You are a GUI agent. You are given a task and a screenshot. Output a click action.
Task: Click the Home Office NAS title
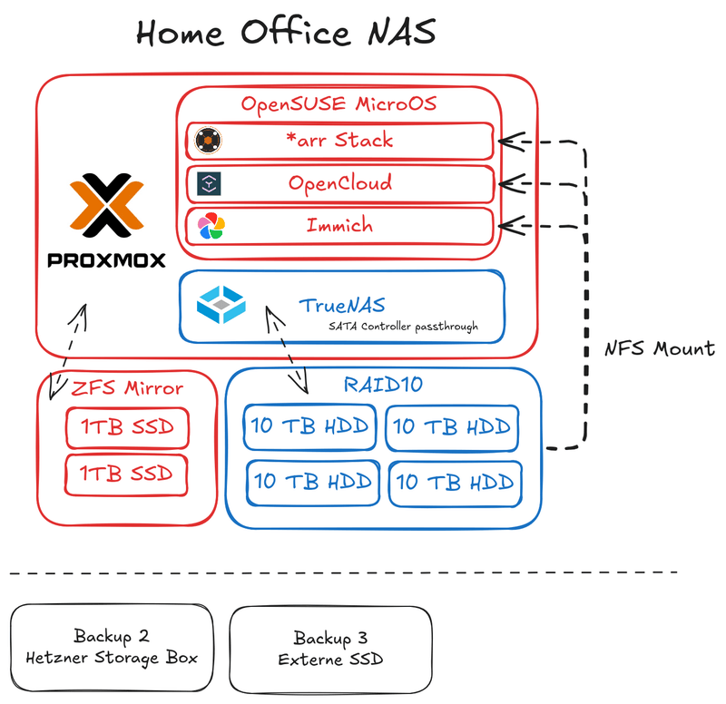[x=286, y=33]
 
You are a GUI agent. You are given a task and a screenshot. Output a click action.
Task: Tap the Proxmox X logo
[x=106, y=205]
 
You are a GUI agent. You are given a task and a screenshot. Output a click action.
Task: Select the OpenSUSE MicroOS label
[x=338, y=103]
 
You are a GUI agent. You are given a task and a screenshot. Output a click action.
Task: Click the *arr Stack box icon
[x=211, y=141]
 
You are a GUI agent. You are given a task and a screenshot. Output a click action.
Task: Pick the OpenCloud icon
[x=211, y=184]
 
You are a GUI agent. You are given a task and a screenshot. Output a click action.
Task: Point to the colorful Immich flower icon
[x=211, y=227]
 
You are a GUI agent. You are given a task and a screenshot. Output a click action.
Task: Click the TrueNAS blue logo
[x=221, y=304]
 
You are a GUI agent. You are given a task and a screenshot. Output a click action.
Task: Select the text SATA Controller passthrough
[x=404, y=326]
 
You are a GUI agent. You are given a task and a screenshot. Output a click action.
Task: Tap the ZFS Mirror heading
[x=127, y=388]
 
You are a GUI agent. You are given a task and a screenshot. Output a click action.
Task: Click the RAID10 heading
[x=382, y=385]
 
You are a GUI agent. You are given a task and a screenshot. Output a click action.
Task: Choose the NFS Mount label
[x=660, y=348]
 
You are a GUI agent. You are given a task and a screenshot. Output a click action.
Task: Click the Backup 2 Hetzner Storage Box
[x=112, y=648]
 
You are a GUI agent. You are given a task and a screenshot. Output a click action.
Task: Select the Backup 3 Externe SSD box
[x=330, y=648]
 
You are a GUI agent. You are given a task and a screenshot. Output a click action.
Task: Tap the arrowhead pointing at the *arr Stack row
[x=510, y=140]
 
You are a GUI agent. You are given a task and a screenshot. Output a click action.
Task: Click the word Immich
[x=338, y=224]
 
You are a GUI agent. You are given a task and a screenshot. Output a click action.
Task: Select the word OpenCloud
[x=339, y=182]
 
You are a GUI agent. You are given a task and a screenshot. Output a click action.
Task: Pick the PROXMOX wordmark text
[x=106, y=260]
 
